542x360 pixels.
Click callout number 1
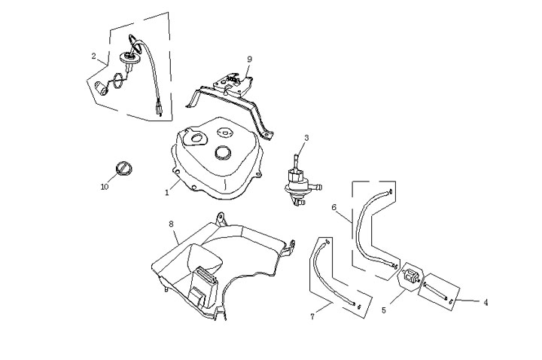[167, 193]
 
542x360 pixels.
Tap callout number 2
[93, 56]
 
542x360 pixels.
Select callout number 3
[306, 138]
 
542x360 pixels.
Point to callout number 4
[486, 303]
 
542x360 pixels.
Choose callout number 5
[384, 310]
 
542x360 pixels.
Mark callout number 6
[334, 207]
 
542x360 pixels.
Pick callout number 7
[312, 316]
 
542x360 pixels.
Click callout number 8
[171, 224]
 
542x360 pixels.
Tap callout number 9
[250, 59]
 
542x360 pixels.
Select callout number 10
[105, 187]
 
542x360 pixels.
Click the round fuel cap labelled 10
[123, 169]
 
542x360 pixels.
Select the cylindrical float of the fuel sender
[102, 87]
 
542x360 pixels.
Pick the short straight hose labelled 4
[436, 291]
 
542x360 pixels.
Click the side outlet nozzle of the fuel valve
[317, 187]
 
